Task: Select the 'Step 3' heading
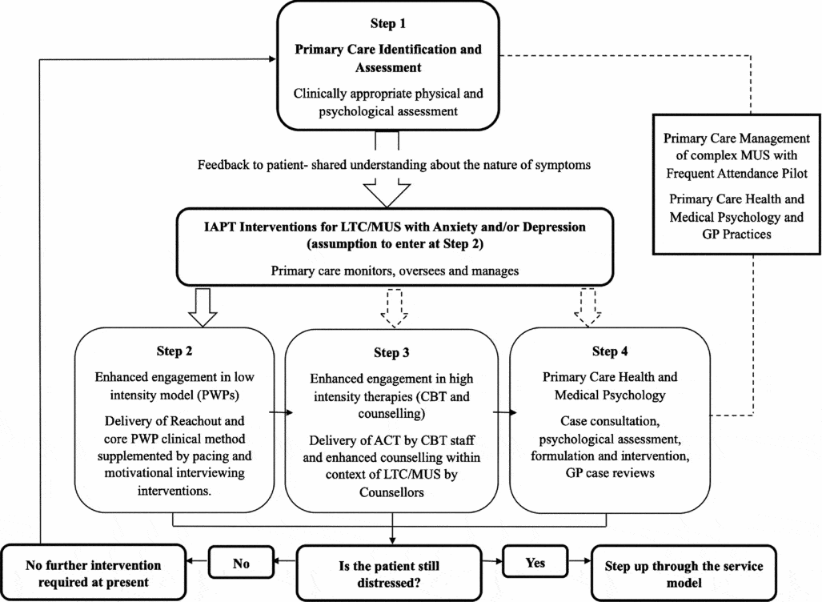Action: [x=393, y=352]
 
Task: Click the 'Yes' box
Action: [x=535, y=563]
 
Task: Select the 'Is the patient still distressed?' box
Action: [x=391, y=573]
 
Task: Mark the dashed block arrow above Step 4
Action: [x=587, y=308]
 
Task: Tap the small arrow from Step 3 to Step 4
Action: [x=501, y=413]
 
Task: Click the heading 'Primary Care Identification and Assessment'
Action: [x=388, y=58]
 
